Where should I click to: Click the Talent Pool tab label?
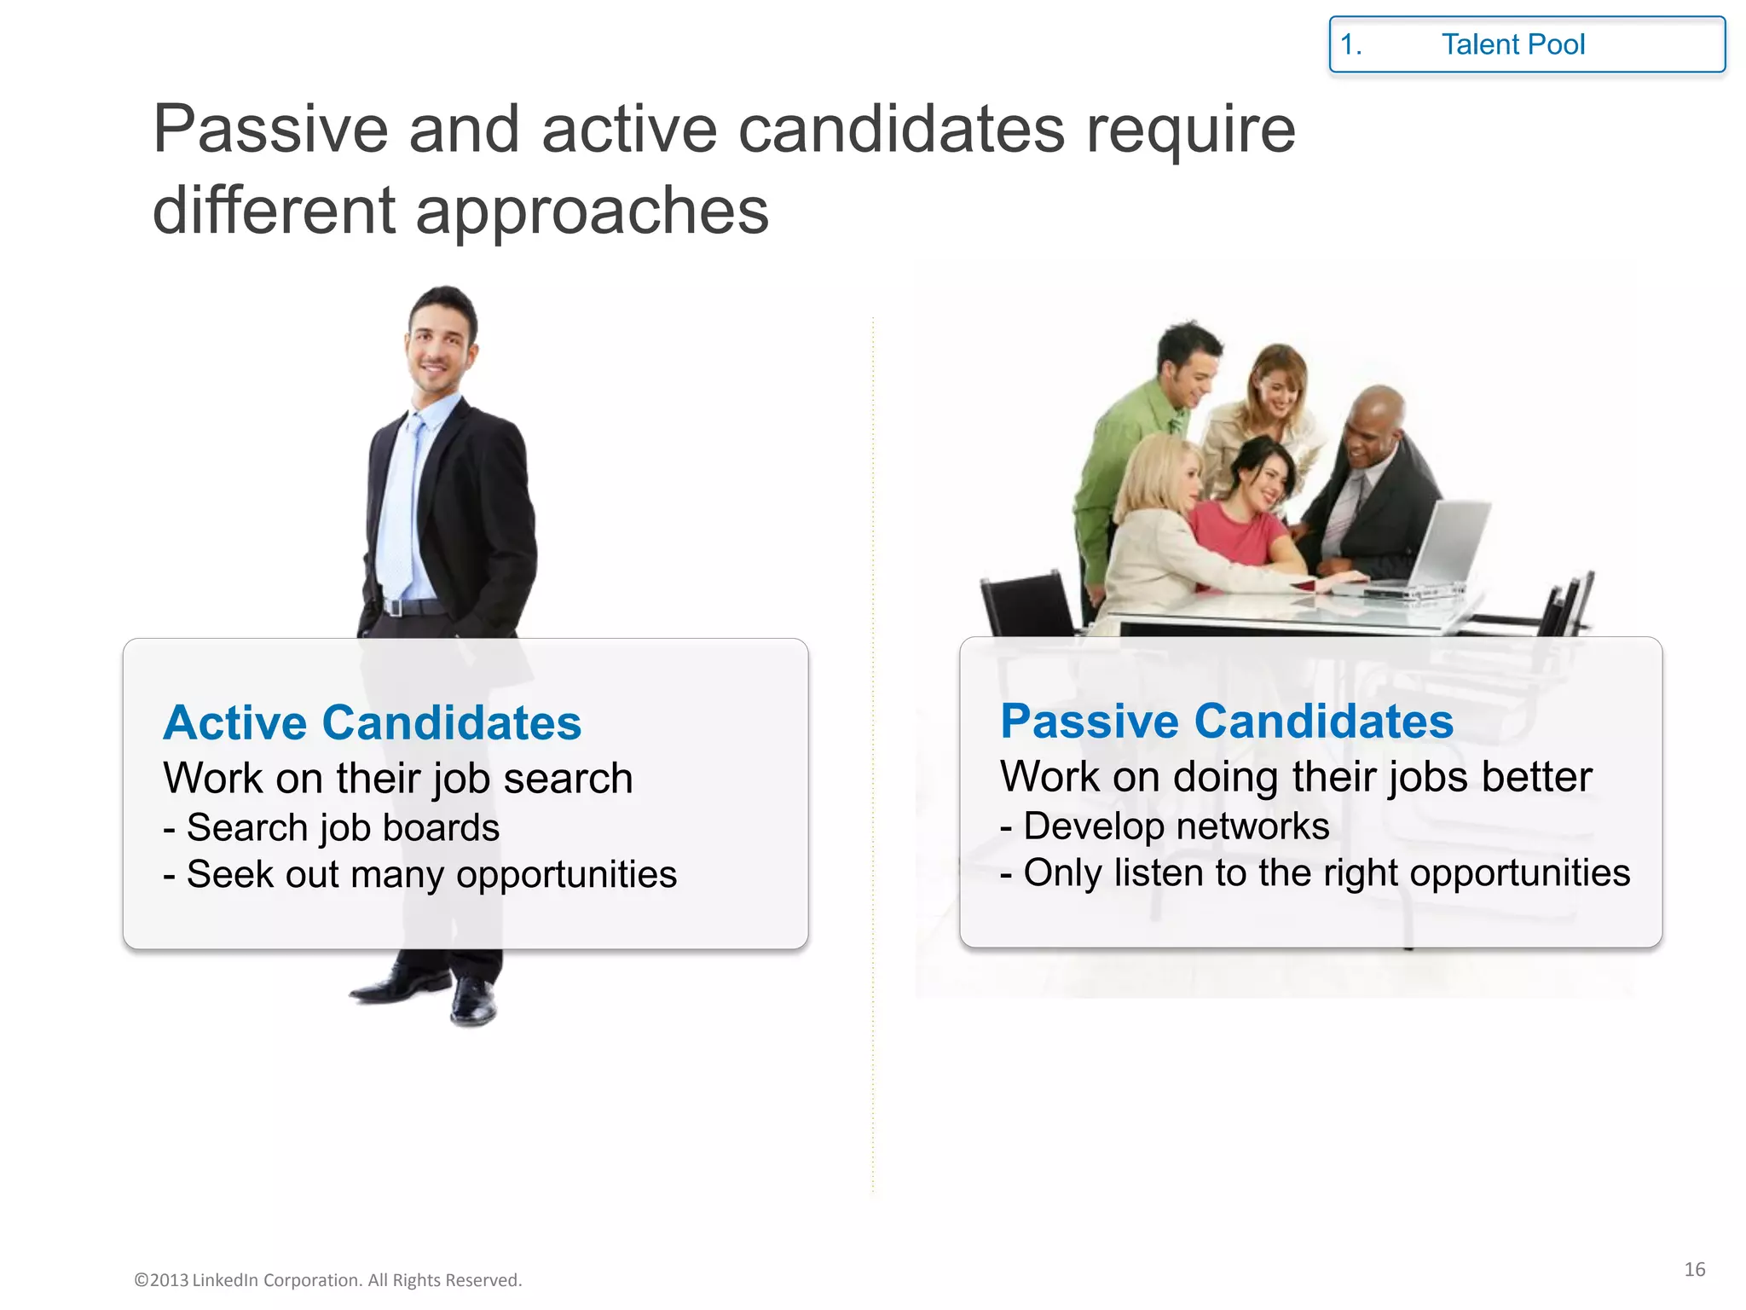pyautogui.click(x=1512, y=44)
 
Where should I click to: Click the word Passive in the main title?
pyautogui.click(x=270, y=130)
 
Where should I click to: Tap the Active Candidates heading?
pyautogui.click(x=372, y=722)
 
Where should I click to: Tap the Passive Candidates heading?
pyautogui.click(x=1226, y=721)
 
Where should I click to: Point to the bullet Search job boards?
pyautogui.click(x=332, y=827)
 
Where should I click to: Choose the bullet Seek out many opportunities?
pyautogui.click(x=420, y=874)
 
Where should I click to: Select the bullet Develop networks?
pyautogui.click(x=1165, y=826)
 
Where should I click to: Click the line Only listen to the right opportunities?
pyautogui.click(x=1315, y=872)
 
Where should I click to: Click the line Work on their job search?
pyautogui.click(x=397, y=778)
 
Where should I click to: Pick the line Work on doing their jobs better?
pyautogui.click(x=1296, y=776)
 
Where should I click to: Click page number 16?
pyautogui.click(x=1694, y=1269)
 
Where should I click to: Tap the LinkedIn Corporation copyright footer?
pyautogui.click(x=328, y=1280)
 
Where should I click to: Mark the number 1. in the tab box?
pyautogui.click(x=1350, y=44)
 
